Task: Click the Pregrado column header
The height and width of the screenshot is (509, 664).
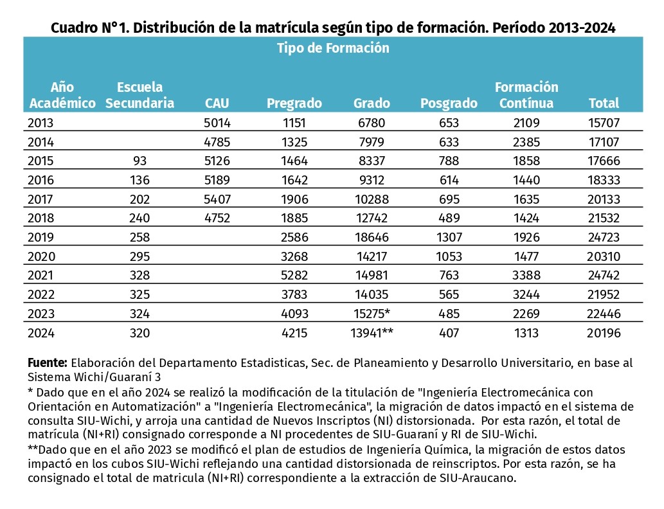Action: (294, 103)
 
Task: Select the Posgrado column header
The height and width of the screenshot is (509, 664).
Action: (449, 103)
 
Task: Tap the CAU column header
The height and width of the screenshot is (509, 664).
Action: (217, 103)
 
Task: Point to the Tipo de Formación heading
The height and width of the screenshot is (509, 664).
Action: (333, 48)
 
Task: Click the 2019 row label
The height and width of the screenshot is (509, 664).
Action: (40, 237)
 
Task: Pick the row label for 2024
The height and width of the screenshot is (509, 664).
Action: (41, 333)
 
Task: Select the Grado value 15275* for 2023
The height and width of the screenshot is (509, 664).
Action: (372, 314)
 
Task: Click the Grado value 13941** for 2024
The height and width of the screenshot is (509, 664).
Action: (372, 333)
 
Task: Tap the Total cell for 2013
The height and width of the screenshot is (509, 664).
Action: (604, 123)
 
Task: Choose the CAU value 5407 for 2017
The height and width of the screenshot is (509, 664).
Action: (217, 199)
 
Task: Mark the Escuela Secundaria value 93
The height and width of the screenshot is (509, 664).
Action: (139, 161)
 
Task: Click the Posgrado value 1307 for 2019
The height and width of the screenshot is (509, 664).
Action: (449, 237)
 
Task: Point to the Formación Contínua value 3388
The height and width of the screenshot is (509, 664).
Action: (526, 275)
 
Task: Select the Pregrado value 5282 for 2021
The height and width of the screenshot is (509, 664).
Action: (294, 275)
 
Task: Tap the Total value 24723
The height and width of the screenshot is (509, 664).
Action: (604, 237)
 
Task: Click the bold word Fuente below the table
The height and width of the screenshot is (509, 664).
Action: (48, 363)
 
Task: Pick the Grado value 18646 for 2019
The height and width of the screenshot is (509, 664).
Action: (372, 237)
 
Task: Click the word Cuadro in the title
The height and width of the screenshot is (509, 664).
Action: (75, 28)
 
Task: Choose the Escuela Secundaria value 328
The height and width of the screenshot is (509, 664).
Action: (139, 275)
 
